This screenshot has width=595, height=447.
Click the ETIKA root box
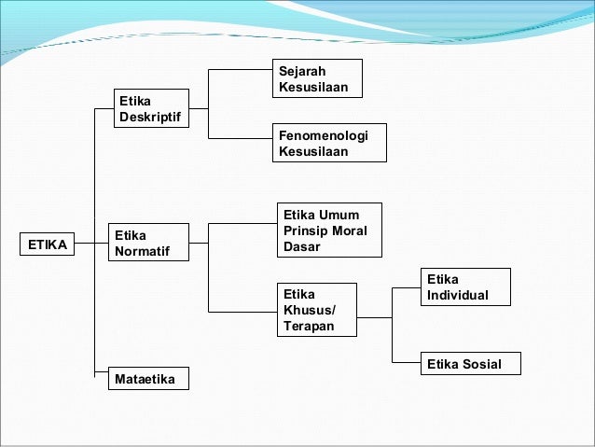(x=48, y=245)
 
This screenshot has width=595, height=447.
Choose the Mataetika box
(x=149, y=379)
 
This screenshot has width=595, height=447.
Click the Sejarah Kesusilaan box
(x=317, y=80)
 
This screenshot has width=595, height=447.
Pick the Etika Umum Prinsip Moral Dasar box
(x=328, y=230)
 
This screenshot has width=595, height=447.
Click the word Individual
(x=457, y=295)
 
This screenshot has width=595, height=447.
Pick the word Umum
(x=339, y=214)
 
